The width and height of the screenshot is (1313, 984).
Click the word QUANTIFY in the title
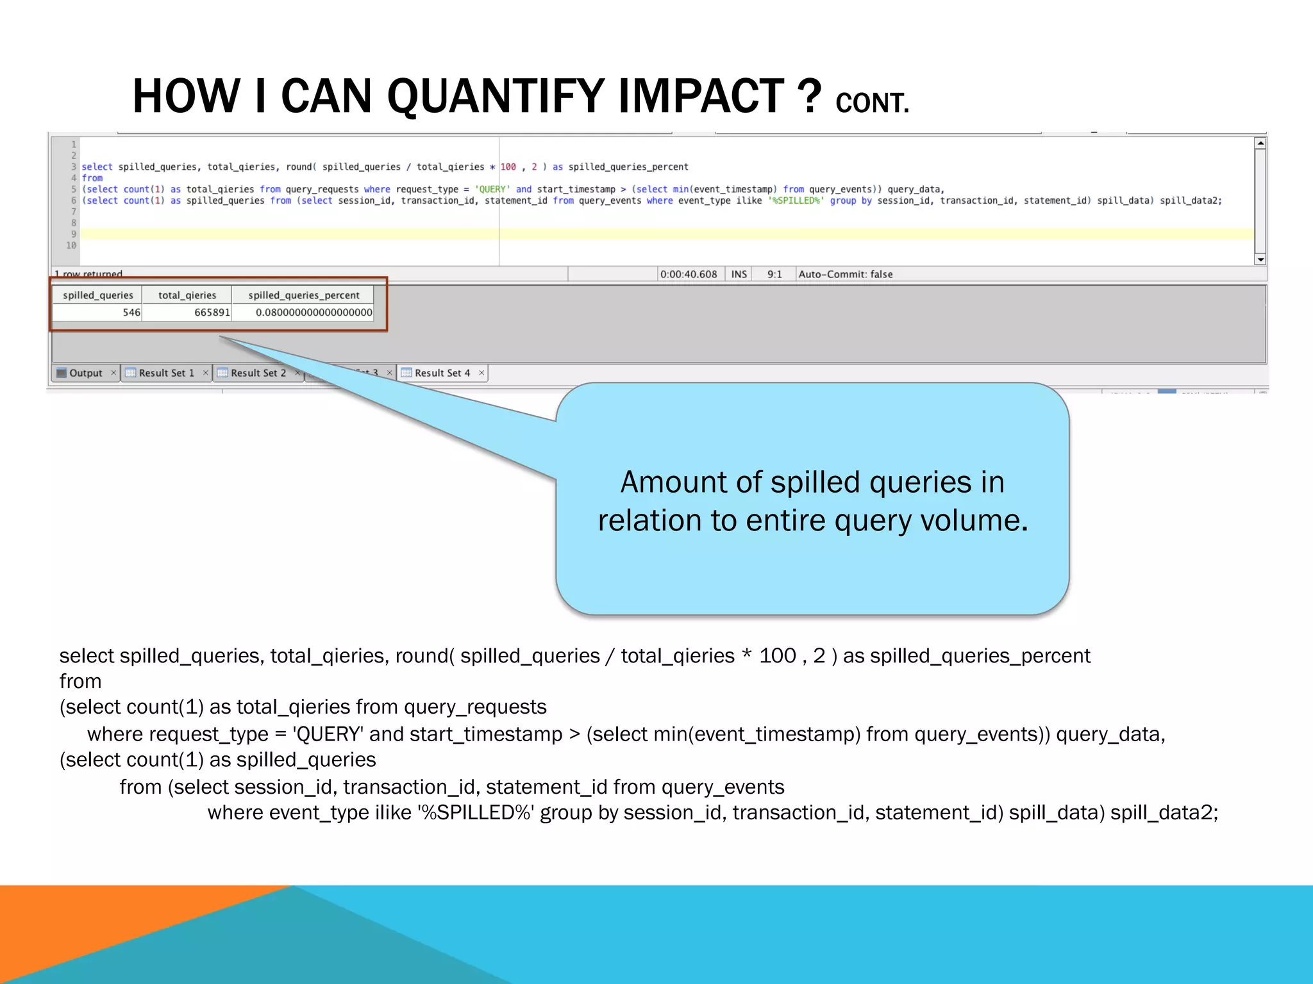click(497, 96)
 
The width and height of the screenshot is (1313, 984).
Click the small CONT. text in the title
click(872, 103)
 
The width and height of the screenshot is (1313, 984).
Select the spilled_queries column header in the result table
click(97, 295)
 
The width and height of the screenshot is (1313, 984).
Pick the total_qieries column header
click(187, 295)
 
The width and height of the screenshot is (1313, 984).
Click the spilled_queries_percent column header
click(303, 295)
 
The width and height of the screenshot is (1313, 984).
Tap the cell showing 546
click(131, 313)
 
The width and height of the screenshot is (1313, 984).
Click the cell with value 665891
click(212, 313)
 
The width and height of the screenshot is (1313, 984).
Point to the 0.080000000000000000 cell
click(313, 313)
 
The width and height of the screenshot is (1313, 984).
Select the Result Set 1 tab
click(166, 373)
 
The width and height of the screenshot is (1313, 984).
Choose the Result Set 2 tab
click(258, 373)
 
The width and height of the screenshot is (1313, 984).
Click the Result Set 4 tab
click(442, 373)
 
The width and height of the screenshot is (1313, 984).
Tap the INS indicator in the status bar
click(739, 274)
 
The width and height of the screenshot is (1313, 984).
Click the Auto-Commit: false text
click(845, 274)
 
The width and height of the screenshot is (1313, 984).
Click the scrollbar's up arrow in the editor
click(1260, 143)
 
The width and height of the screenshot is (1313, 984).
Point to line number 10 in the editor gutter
click(71, 245)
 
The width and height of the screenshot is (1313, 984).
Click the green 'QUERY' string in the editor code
click(492, 190)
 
